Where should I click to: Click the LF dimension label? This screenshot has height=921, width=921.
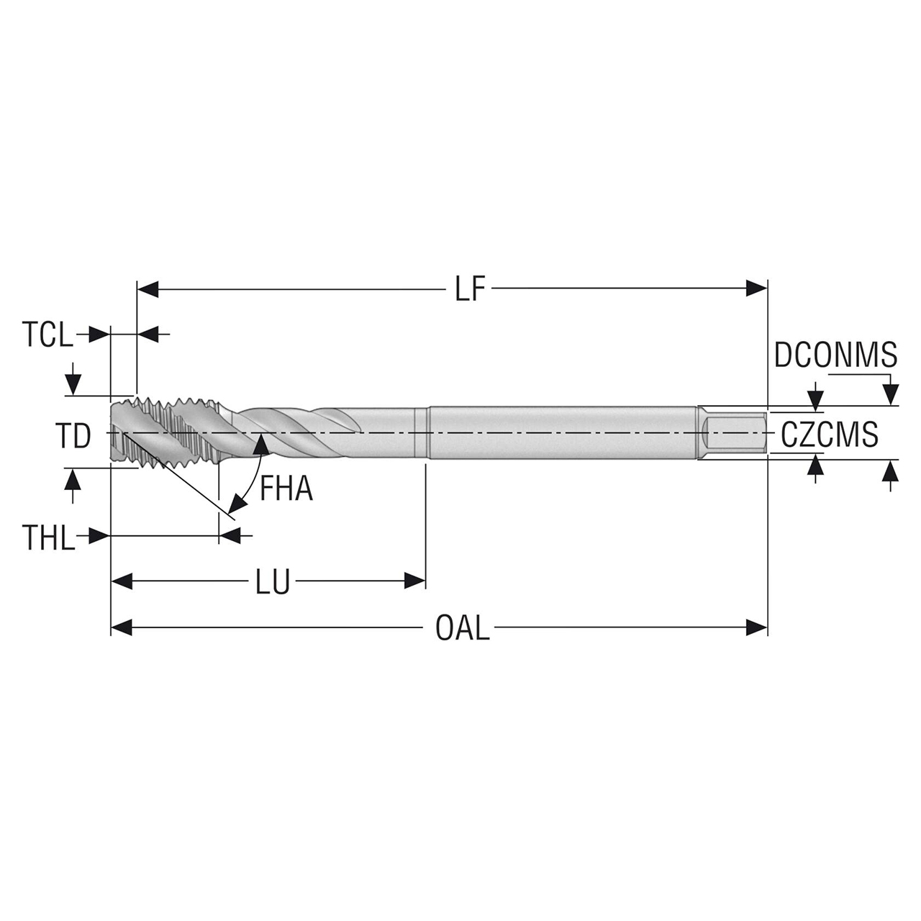coord(471,290)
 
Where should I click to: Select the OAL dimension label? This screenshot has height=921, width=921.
coord(462,628)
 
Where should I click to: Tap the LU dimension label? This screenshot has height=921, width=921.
coord(272,581)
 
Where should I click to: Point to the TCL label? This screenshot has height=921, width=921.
coord(47,335)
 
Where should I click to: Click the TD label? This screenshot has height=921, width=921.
coord(73,437)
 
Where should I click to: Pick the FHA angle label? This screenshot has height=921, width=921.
coord(286,490)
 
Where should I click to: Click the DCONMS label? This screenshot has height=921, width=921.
coord(835,355)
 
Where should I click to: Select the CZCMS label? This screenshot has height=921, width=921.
coord(830,435)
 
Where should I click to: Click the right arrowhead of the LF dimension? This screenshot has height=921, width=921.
coord(757,289)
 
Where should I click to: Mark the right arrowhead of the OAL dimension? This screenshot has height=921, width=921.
coord(757,627)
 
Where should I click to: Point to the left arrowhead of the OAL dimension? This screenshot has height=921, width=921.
coord(121,627)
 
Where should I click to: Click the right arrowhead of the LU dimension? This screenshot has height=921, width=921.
coord(415,581)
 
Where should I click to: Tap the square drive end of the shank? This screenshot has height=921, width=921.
coord(734,432)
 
